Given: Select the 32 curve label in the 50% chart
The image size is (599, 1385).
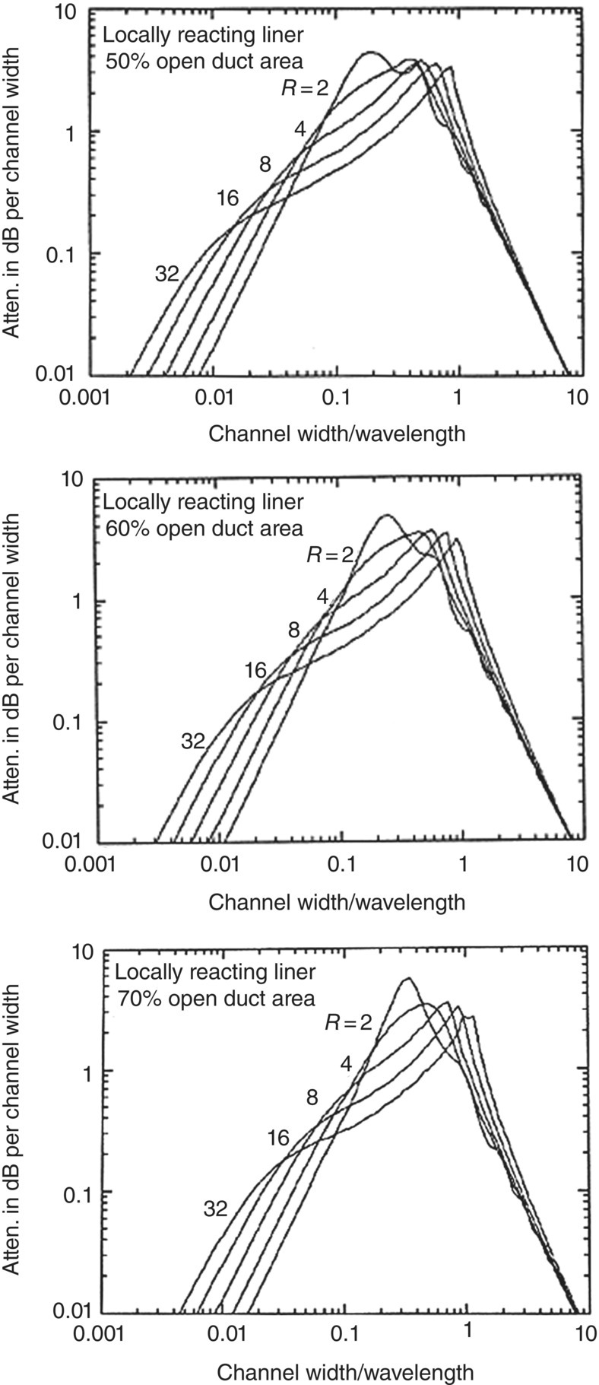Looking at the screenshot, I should point(166,274).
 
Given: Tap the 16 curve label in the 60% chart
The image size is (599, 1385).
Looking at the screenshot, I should point(255,670).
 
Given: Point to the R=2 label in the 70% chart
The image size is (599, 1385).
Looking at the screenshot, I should point(348,1022).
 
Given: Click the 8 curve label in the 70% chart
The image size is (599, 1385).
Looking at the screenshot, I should point(312,1097).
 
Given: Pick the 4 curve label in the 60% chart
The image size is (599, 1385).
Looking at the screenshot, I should point(322,597).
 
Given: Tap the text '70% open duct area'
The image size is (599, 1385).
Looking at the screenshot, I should point(216,997).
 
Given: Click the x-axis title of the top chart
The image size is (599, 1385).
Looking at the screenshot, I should point(337,433).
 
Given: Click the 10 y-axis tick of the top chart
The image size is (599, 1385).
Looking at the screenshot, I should point(74,13).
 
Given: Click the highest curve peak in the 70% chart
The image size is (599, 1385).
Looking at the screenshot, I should point(407,978).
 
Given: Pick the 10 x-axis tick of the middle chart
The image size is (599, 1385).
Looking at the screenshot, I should point(578,866).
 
